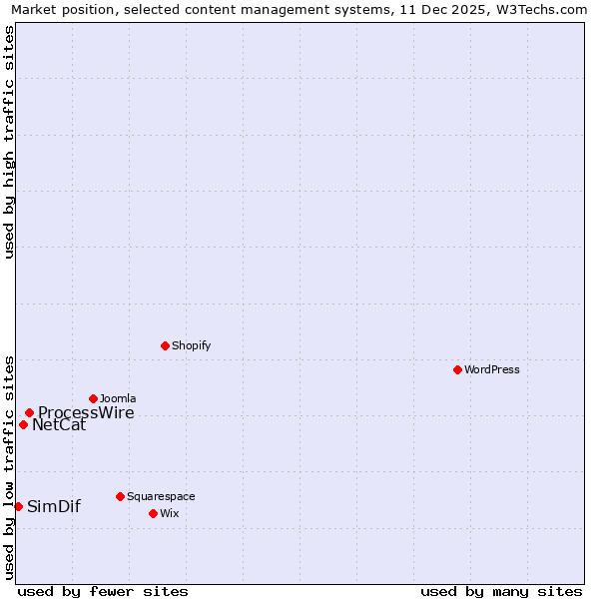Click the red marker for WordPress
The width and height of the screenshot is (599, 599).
click(x=457, y=369)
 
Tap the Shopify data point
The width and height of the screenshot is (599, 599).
click(x=165, y=345)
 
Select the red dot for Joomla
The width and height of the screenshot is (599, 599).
click(x=93, y=398)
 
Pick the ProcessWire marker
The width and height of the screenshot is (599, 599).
click(x=29, y=412)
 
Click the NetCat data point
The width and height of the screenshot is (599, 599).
click(x=23, y=424)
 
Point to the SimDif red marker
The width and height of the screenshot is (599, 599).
click(x=18, y=506)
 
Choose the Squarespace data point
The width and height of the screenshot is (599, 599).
click(x=120, y=496)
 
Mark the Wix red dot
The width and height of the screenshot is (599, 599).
click(x=153, y=513)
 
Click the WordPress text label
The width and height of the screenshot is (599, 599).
click(x=492, y=369)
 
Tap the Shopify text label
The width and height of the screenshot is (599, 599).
click(x=191, y=345)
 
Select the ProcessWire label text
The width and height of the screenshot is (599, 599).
click(x=86, y=413)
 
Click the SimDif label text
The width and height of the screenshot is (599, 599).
click(x=54, y=506)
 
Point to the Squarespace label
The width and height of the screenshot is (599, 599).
click(x=161, y=496)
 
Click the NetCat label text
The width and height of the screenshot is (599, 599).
click(x=59, y=425)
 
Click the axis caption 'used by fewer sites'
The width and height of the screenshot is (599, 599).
click(x=103, y=591)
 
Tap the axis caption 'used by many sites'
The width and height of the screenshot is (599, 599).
click(x=501, y=591)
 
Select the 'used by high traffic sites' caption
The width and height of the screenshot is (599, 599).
click(x=9, y=142)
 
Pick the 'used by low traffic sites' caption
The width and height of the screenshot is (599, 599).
click(x=9, y=466)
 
